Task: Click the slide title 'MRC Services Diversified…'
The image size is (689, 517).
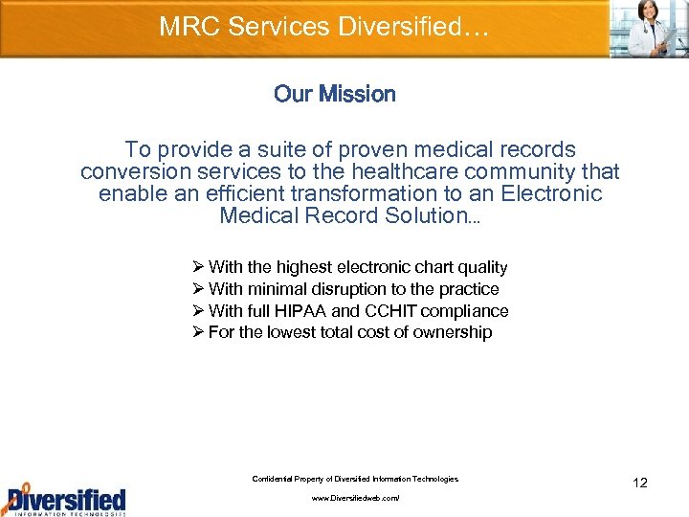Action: [324, 26]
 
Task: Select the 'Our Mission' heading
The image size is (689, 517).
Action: [334, 94]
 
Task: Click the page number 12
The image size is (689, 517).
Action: [640, 483]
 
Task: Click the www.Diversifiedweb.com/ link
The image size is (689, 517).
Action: [355, 499]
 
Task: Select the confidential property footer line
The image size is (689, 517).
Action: [355, 479]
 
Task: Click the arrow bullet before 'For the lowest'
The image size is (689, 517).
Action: [198, 332]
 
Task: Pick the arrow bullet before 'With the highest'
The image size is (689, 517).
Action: [198, 267]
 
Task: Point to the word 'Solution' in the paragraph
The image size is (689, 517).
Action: [419, 215]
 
